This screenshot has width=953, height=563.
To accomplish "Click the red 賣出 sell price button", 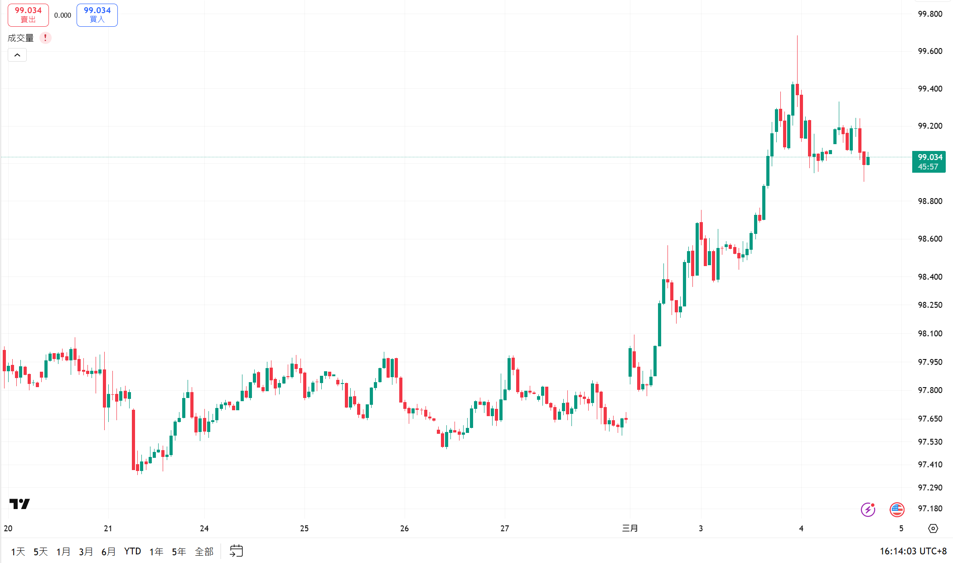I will [x=28, y=15].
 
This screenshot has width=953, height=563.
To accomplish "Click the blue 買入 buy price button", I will [x=97, y=15].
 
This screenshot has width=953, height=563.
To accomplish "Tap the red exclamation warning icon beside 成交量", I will [x=45, y=38].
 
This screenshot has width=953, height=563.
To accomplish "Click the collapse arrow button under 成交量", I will [x=17, y=55].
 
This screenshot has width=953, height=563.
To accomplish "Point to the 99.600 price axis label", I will [x=929, y=51].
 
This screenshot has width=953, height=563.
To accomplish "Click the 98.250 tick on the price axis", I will [x=929, y=305].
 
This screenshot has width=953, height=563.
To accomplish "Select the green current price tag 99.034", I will [x=929, y=162].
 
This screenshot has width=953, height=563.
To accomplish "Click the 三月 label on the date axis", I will [x=629, y=528].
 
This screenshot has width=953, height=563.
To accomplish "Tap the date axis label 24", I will [x=204, y=528].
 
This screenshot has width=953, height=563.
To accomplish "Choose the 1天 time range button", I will [x=18, y=552].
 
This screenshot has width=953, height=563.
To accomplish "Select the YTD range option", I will [x=132, y=551].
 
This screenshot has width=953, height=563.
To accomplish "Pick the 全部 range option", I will [x=204, y=552].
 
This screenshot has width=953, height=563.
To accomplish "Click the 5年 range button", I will [x=179, y=552].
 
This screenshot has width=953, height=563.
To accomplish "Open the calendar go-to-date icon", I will [x=236, y=551].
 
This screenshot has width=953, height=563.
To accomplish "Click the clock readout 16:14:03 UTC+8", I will [x=913, y=551].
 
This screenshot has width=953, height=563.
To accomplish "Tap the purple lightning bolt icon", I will [x=868, y=510].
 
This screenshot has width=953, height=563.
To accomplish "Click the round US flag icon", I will [x=897, y=510].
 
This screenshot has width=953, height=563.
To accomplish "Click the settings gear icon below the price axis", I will [x=933, y=528].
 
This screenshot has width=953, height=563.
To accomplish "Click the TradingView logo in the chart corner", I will [x=19, y=504].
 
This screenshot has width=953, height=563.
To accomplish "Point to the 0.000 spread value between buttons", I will [x=63, y=15].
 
